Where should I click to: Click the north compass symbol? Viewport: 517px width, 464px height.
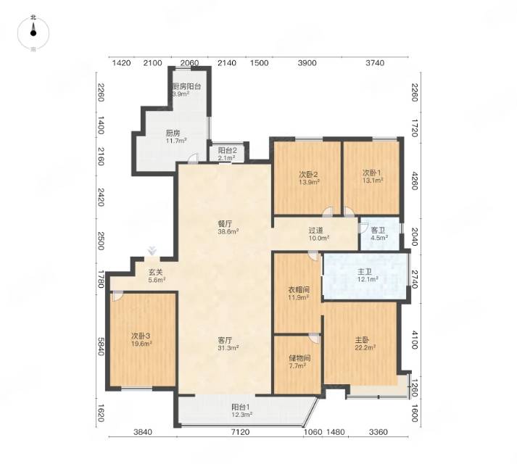(x=33, y=33)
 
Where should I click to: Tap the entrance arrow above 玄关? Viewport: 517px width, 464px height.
(x=152, y=251)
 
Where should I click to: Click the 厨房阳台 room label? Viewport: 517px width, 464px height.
(x=187, y=87)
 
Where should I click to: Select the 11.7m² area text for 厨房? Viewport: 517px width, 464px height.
(x=176, y=141)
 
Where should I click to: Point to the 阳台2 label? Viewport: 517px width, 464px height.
(x=227, y=150)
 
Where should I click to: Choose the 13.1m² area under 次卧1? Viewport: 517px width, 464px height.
(x=373, y=181)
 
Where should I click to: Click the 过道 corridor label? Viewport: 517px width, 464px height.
(x=315, y=231)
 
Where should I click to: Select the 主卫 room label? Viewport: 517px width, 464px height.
(x=365, y=272)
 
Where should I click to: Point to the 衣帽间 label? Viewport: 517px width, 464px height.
(x=299, y=290)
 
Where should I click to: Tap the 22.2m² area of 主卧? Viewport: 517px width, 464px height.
(x=365, y=348)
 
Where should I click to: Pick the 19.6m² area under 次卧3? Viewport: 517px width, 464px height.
(x=141, y=344)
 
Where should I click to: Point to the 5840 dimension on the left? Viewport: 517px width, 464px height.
(x=101, y=347)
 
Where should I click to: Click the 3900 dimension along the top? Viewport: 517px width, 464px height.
(x=307, y=63)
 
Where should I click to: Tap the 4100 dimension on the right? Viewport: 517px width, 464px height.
(x=415, y=340)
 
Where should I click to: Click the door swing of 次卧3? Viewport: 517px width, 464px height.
(x=117, y=296)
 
